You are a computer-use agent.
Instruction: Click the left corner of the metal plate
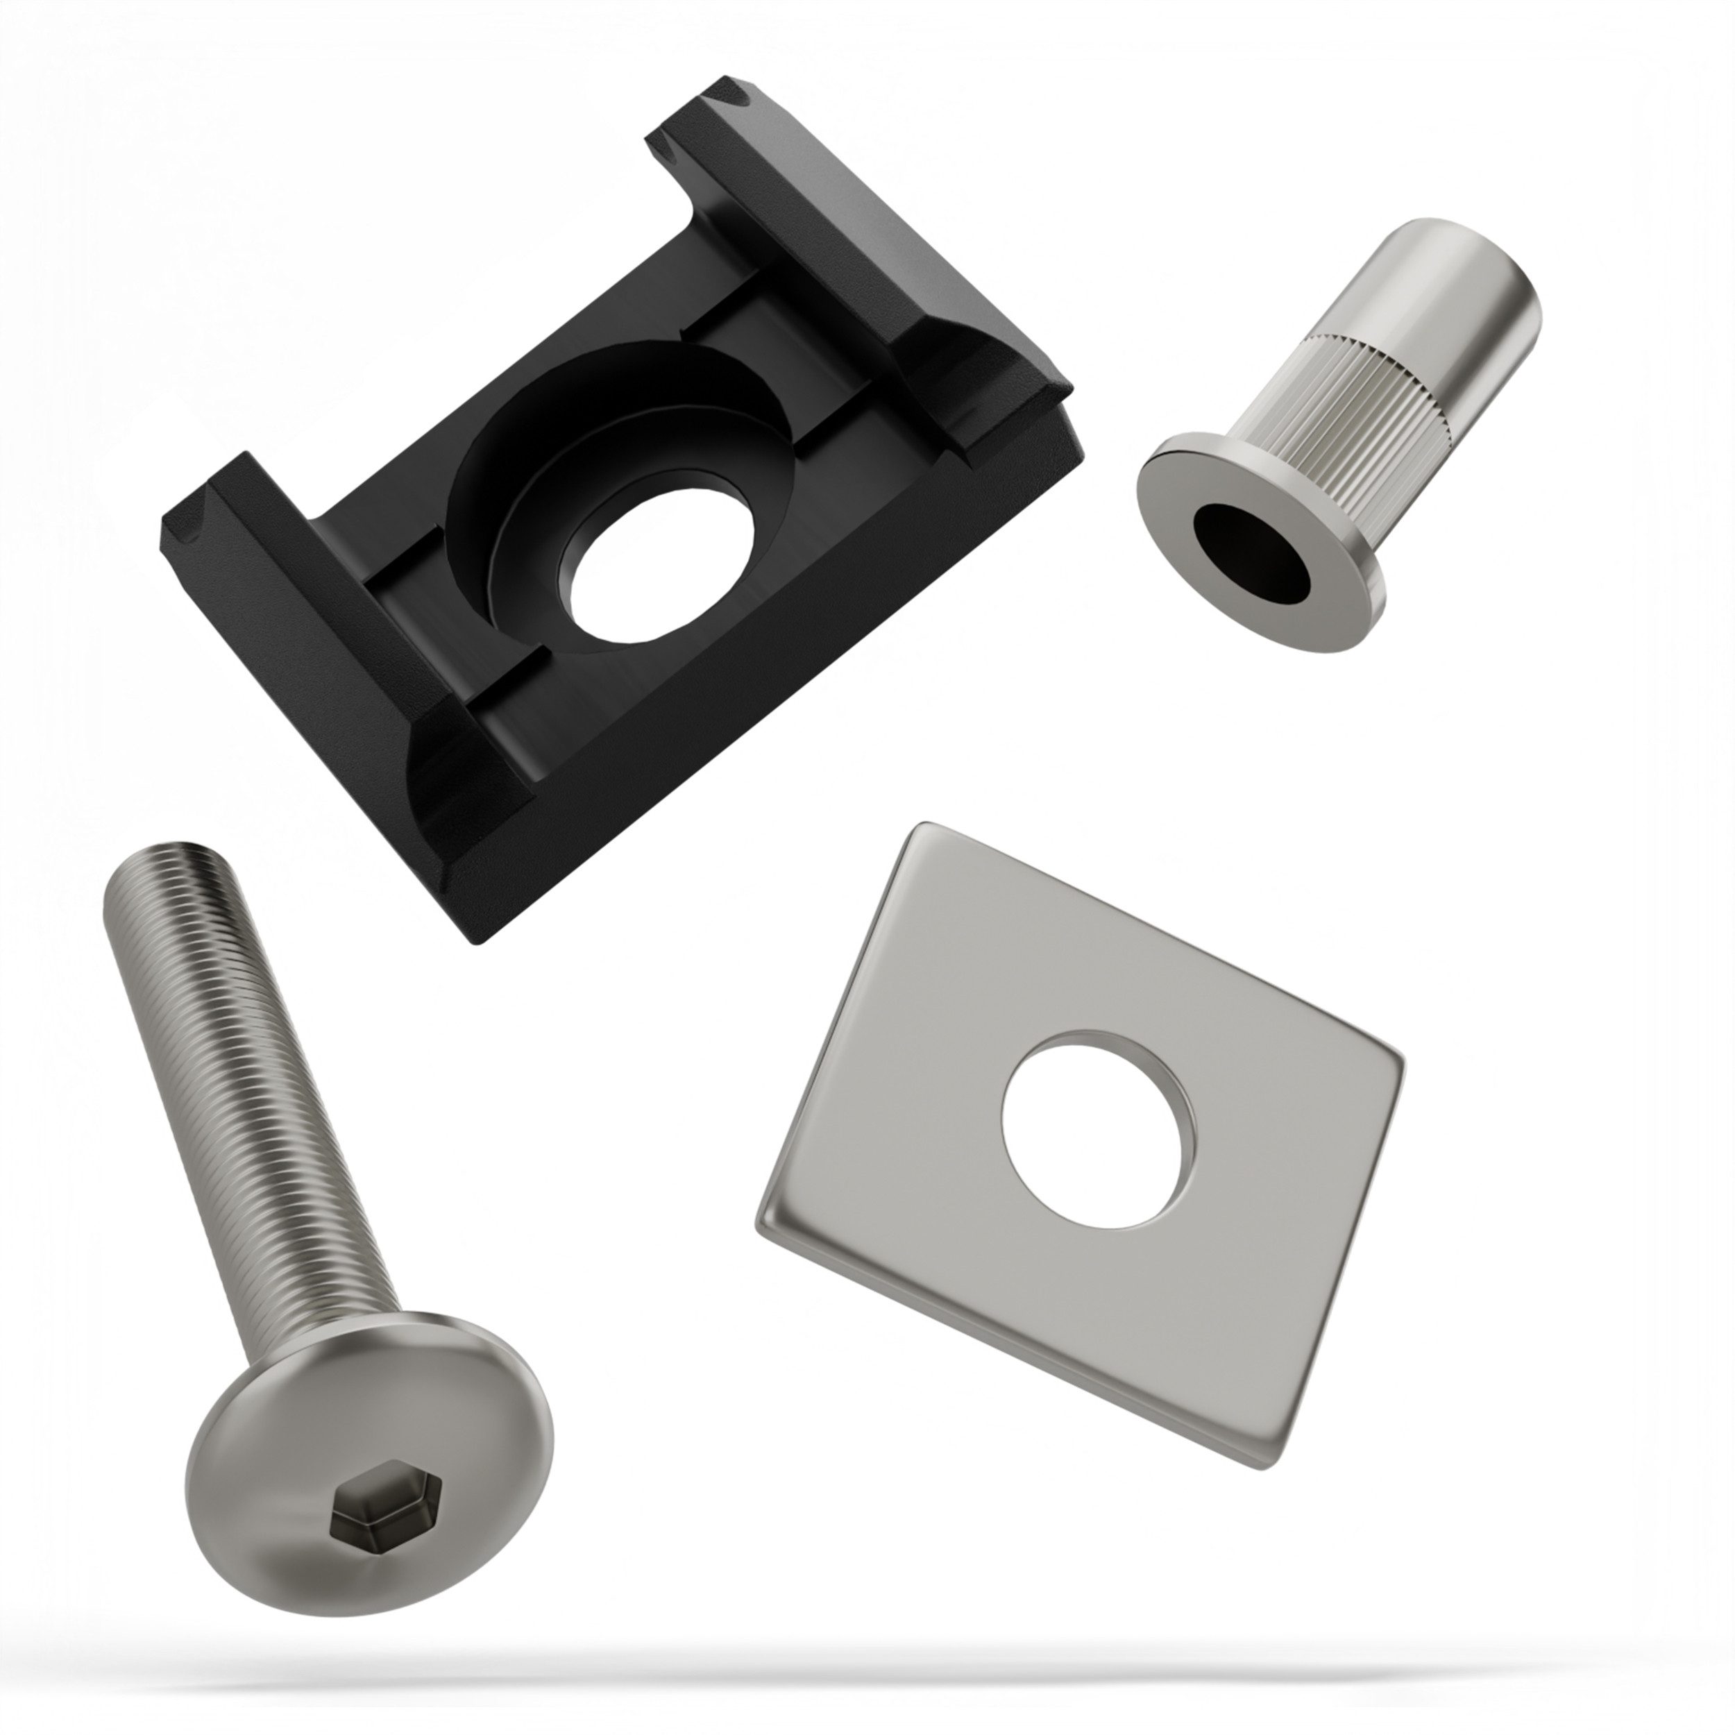click(x=763, y=1226)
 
